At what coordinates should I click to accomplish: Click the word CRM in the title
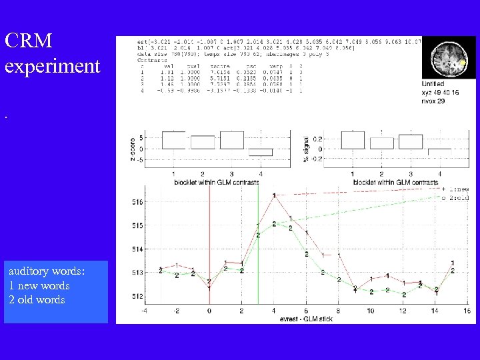click(x=28, y=41)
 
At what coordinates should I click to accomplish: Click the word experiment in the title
click(x=52, y=67)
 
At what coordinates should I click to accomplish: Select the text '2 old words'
click(x=37, y=300)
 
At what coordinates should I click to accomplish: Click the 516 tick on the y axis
click(x=136, y=202)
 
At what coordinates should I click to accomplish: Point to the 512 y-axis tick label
click(x=136, y=297)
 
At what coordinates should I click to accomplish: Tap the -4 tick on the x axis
click(x=145, y=311)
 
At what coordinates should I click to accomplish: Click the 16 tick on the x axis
click(x=467, y=311)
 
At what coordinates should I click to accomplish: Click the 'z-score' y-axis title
click(x=132, y=149)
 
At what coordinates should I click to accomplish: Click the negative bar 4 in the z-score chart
click(x=261, y=152)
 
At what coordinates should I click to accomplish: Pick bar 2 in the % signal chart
click(x=382, y=143)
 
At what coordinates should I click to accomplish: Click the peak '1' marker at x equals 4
click(x=274, y=195)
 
